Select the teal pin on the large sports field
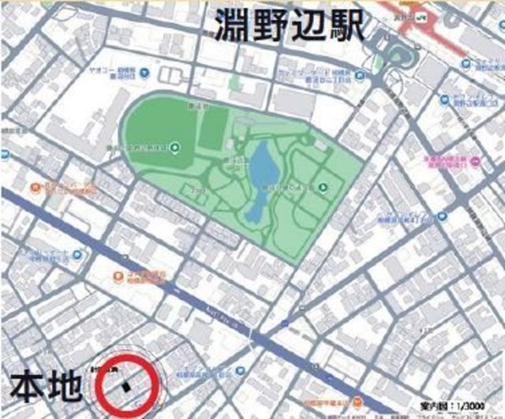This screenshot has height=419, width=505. pyautogui.click(x=174, y=146)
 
